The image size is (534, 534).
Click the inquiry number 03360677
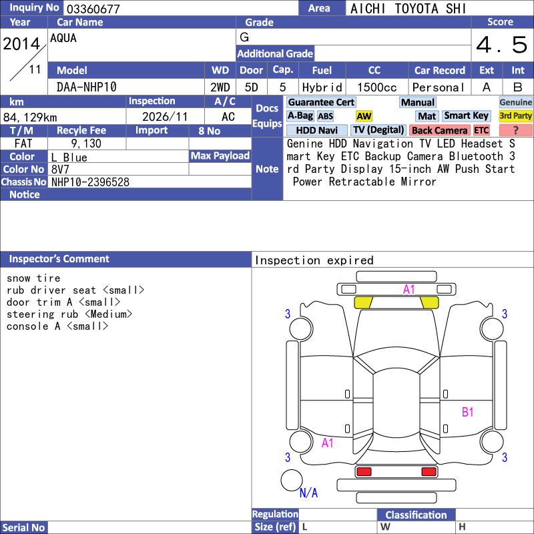(93, 9)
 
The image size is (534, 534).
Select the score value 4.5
(502, 45)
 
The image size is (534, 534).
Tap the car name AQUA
(63, 38)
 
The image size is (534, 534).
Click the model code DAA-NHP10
(87, 87)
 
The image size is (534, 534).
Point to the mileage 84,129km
(30, 117)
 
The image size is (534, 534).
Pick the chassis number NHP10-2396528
(90, 182)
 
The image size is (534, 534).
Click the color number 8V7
(60, 170)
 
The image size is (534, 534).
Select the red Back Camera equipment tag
(440, 130)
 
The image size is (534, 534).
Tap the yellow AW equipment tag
(364, 116)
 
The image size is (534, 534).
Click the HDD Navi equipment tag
(316, 130)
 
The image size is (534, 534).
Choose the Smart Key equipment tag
(467, 116)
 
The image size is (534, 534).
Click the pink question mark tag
(515, 130)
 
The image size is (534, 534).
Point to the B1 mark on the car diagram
(468, 413)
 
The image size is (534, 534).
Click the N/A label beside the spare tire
(308, 493)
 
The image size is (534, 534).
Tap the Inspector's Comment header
(59, 259)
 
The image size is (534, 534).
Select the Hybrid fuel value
(322, 87)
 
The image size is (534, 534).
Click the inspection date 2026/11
(165, 117)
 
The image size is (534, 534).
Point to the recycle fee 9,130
(86, 144)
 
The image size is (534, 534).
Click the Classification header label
(416, 515)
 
